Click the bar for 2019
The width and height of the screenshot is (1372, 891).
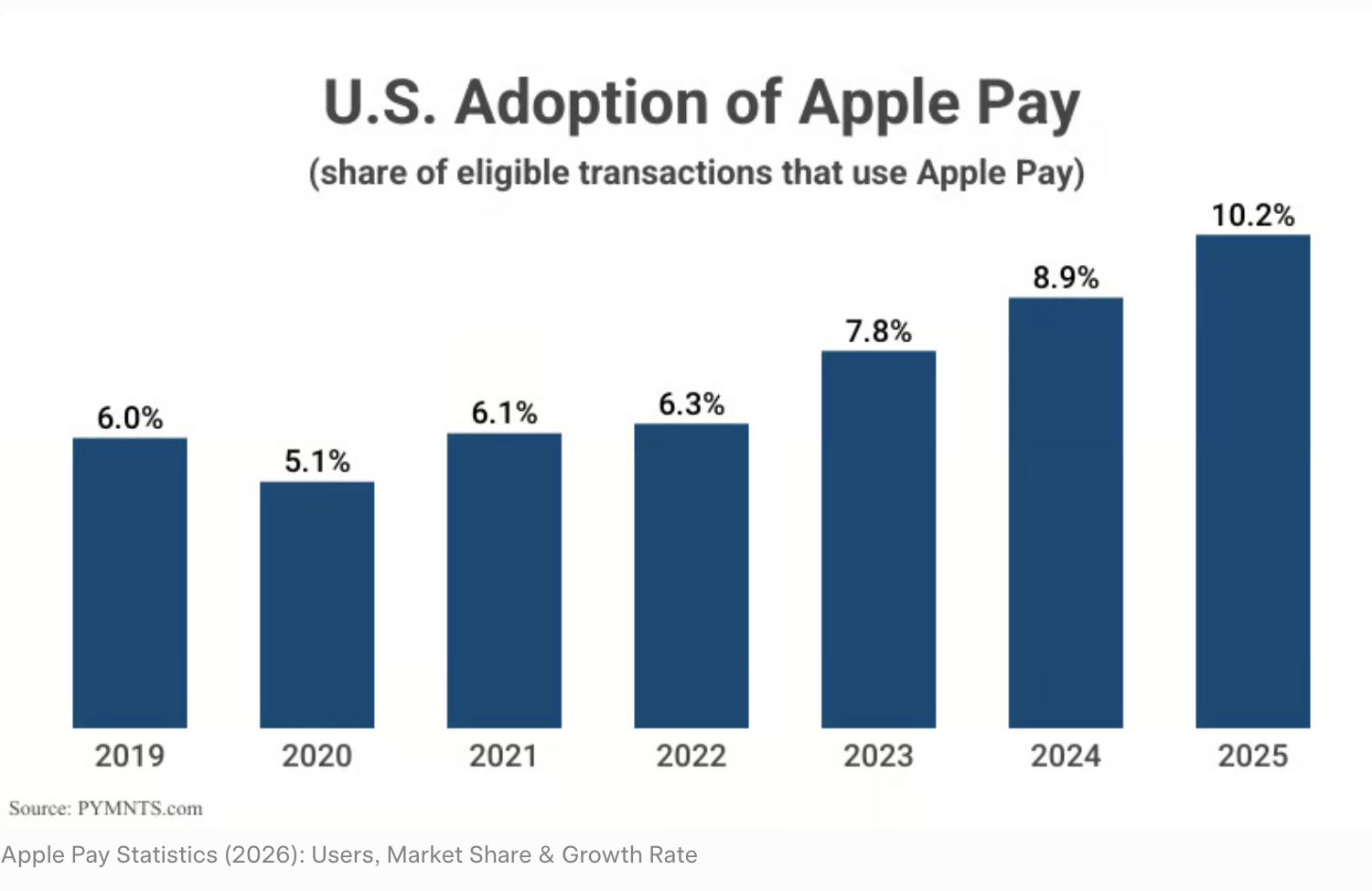(x=130, y=583)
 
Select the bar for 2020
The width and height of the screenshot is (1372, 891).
(x=316, y=605)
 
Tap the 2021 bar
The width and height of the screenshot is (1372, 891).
(x=504, y=580)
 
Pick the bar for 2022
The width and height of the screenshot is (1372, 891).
(x=691, y=575)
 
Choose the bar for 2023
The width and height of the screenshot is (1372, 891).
(x=878, y=539)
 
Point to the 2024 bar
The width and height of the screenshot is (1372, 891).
(x=1066, y=512)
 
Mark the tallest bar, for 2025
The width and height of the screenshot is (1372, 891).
(x=1252, y=481)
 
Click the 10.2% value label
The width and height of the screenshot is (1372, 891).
(x=1253, y=216)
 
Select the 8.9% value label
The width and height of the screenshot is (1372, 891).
(x=1066, y=277)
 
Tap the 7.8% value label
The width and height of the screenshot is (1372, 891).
(x=878, y=331)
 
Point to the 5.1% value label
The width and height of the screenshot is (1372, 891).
(x=316, y=461)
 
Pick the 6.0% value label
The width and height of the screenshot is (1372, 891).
(x=130, y=418)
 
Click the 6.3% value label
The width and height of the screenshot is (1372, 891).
(x=691, y=404)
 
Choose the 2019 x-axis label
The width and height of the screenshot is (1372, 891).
(x=130, y=756)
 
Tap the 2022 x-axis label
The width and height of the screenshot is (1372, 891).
(x=691, y=756)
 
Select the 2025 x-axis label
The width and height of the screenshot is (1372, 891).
(x=1252, y=756)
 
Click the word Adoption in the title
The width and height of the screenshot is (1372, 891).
(x=582, y=102)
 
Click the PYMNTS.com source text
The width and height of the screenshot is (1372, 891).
(x=140, y=809)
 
